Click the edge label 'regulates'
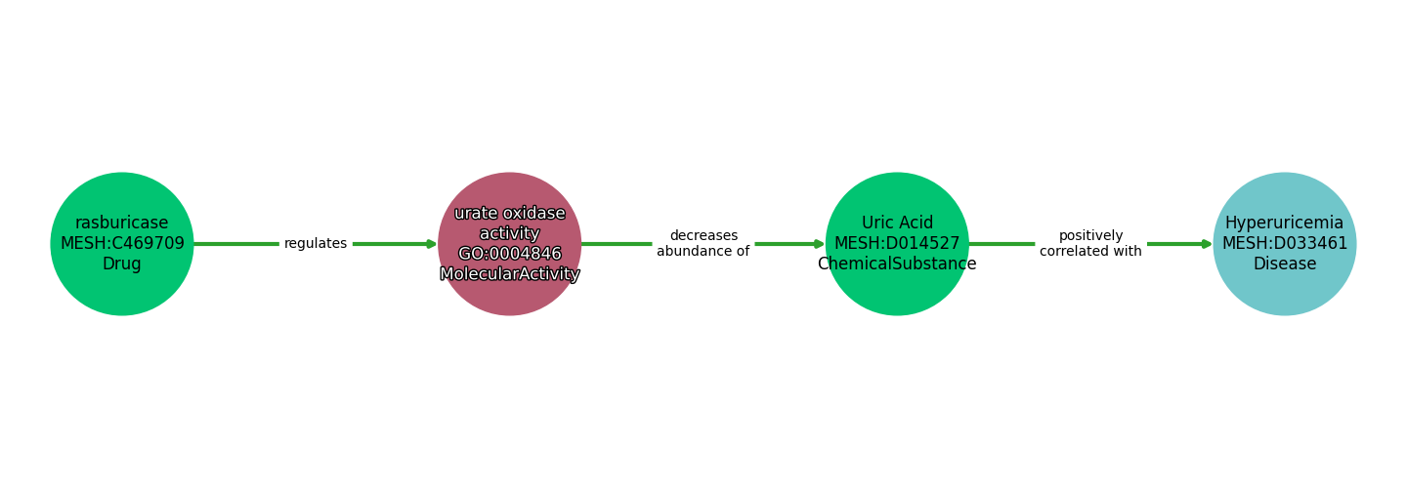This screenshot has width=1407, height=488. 316,244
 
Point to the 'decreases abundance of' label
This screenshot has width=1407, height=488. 703,244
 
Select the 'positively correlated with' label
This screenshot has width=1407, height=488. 1090,244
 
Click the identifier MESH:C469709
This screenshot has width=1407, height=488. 122,244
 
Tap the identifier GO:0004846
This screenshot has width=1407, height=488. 509,254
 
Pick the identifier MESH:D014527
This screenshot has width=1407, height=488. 897,244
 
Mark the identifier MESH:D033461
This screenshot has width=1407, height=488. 1284,244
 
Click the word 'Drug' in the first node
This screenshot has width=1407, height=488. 122,264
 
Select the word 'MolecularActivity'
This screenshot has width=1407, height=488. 509,274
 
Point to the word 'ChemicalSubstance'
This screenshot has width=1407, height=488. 897,264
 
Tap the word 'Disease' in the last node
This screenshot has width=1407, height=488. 1284,264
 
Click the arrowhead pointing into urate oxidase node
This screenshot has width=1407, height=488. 431,244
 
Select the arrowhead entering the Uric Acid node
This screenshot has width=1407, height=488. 819,244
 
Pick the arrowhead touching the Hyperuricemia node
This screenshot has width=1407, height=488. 1207,244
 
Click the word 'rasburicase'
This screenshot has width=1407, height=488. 122,224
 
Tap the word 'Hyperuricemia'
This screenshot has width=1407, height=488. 1284,224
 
